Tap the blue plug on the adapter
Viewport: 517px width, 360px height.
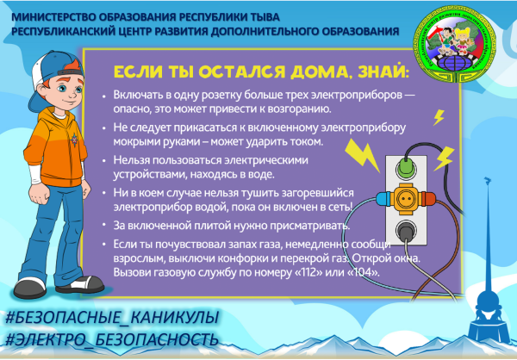coord(379,199)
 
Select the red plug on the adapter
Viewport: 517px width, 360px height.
coord(428,198)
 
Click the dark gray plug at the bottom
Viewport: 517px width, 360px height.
coord(404,228)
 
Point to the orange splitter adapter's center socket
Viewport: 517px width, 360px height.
coord(403,199)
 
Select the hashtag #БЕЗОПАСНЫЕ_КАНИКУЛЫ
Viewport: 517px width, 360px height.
coord(109,316)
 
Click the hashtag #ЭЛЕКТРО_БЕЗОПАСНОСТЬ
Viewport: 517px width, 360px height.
coord(109,338)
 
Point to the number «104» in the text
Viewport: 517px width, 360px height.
coord(361,273)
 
